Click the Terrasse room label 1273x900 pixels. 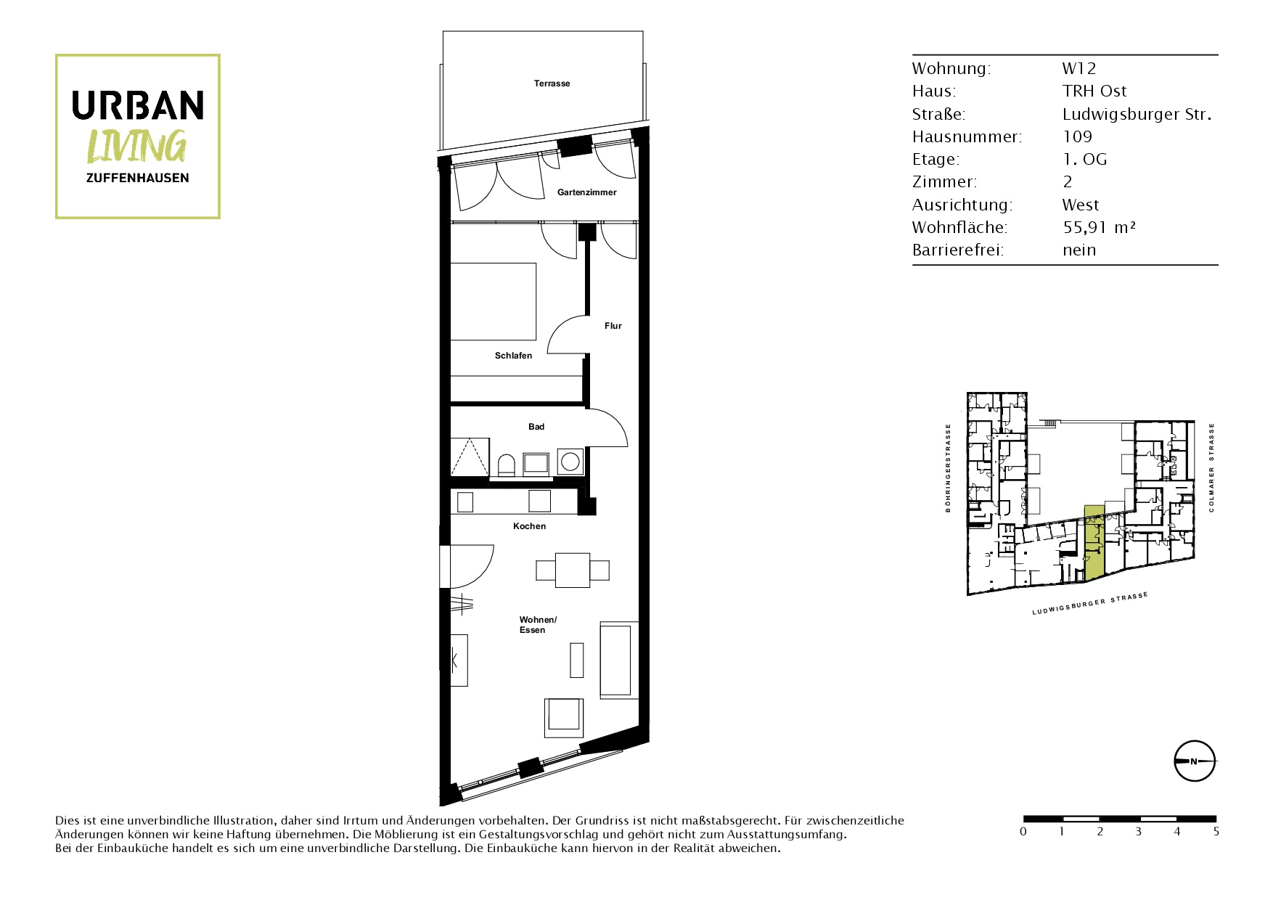click(552, 83)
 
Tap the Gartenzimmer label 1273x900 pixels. click(586, 192)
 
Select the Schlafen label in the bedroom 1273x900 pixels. click(513, 356)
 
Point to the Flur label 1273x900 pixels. click(613, 326)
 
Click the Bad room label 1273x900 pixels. click(536, 427)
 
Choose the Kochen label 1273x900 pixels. click(529, 526)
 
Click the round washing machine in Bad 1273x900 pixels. click(570, 462)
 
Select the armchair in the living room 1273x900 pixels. click(564, 718)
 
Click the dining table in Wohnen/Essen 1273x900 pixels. click(573, 570)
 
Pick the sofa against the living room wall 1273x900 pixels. click(619, 660)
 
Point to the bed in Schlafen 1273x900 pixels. click(494, 301)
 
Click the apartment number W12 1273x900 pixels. click(1079, 68)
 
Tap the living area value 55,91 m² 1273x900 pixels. click(1099, 227)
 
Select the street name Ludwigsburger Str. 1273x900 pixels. click(1137, 114)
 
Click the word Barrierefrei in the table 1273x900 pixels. click(957, 250)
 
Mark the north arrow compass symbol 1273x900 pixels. click(1195, 761)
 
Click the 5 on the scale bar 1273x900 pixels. click(1216, 832)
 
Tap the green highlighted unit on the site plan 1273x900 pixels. click(1094, 543)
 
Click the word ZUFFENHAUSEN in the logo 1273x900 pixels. click(138, 178)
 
